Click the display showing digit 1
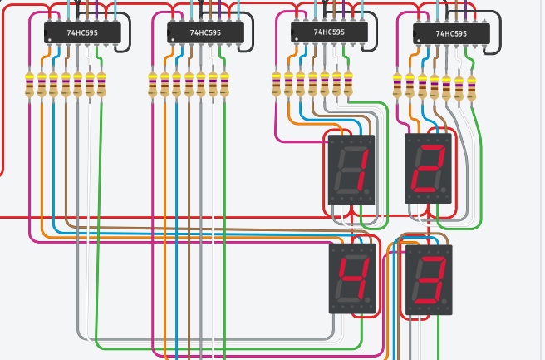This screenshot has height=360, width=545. pos(352,170)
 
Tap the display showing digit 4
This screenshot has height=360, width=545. pos(353,278)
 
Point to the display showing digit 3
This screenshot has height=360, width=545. pos(429,279)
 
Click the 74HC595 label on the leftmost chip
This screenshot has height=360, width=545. pos(82,33)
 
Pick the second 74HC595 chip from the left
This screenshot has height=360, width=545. pos(205,33)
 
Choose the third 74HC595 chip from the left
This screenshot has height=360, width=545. pos(329,32)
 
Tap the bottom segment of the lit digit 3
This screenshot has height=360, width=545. pos(428,301)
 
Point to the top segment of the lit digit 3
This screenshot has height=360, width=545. pos(431,258)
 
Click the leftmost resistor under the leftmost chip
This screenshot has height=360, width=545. pos(30,84)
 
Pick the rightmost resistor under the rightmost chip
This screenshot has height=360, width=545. pos(471,87)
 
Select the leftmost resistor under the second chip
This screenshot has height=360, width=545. pos(153,84)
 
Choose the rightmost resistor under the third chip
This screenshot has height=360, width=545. pos(348,83)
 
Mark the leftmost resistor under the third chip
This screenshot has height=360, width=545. pos(277,83)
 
